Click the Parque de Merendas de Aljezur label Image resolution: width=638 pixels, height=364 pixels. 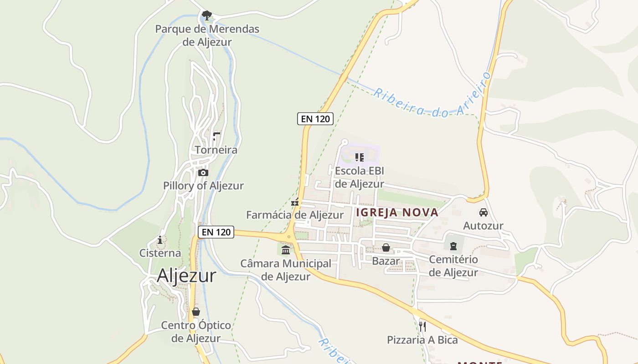point(207,35)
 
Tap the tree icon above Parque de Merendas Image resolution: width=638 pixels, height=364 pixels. point(207,15)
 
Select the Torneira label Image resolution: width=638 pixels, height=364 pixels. point(216,150)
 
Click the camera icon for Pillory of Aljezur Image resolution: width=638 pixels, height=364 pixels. point(203,173)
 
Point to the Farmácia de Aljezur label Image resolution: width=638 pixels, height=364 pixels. point(295,215)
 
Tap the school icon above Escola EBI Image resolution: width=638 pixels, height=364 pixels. point(359,157)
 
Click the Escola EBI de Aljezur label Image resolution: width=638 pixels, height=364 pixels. point(360,177)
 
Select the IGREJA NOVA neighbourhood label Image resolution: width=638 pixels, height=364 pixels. point(397,212)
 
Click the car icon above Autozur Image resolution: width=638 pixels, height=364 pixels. point(483,212)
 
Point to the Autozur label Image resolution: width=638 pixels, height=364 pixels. point(483,226)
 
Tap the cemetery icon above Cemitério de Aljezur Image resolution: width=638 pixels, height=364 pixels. point(453,246)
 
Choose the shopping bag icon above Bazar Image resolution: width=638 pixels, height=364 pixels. point(386,248)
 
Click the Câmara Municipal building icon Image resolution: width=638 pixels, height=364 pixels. point(286,250)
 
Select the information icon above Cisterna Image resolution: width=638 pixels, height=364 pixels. point(160,240)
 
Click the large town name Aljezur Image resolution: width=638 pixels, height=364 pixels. point(186,276)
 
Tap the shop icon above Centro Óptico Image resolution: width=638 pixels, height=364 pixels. point(196,312)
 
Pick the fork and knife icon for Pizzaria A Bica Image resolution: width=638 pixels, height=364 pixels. point(422,326)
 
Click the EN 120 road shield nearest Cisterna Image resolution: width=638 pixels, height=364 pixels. point(216,232)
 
